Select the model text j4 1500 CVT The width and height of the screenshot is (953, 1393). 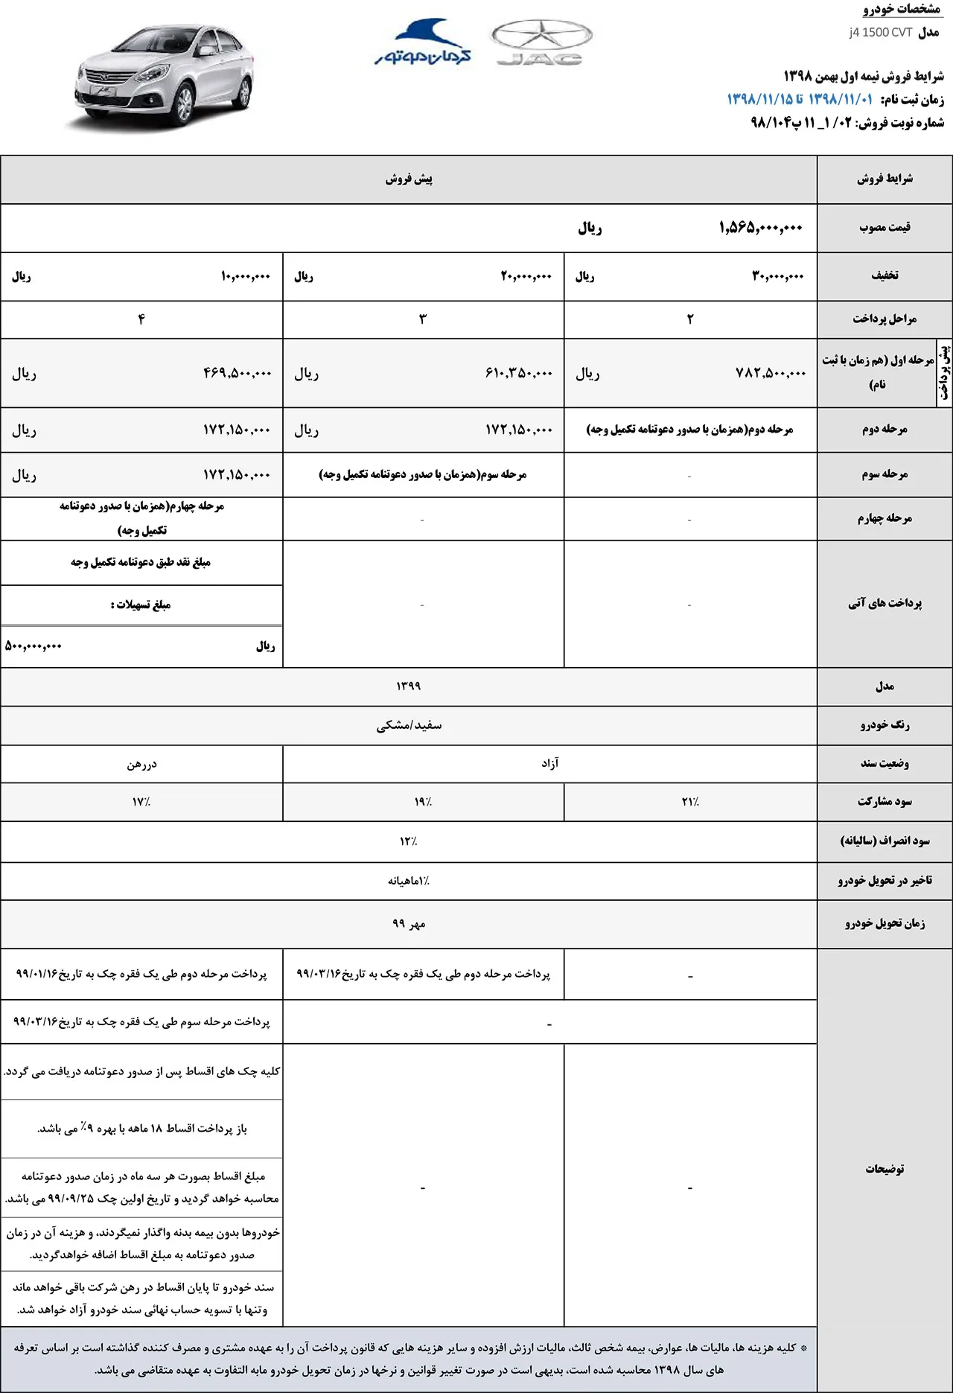coord(880,33)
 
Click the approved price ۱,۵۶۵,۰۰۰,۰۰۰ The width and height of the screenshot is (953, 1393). coord(760,228)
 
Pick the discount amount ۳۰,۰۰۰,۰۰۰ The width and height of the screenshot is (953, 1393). coord(777,276)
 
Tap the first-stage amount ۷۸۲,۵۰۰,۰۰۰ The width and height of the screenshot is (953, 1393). coord(770,373)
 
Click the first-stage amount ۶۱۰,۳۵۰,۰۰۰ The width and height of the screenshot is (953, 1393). coord(518,373)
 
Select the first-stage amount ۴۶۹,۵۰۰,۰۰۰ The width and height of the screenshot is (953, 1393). coord(237,373)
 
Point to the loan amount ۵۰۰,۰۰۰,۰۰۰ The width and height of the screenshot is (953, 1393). coord(34,646)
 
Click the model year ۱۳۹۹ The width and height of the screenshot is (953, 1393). coord(408,686)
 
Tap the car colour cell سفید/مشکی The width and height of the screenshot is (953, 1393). coord(408,725)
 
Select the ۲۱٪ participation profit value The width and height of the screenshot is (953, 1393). coord(690,802)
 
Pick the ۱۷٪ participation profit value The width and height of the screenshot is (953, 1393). coord(141,802)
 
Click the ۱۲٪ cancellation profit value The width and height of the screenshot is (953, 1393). coord(408,841)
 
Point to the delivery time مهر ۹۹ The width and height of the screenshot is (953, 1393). coord(408,924)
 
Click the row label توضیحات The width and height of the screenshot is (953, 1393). coord(885,1169)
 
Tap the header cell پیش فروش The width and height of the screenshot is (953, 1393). coord(408,179)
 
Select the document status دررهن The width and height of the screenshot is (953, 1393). coord(141,764)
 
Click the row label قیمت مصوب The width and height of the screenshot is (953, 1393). coord(885,227)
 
